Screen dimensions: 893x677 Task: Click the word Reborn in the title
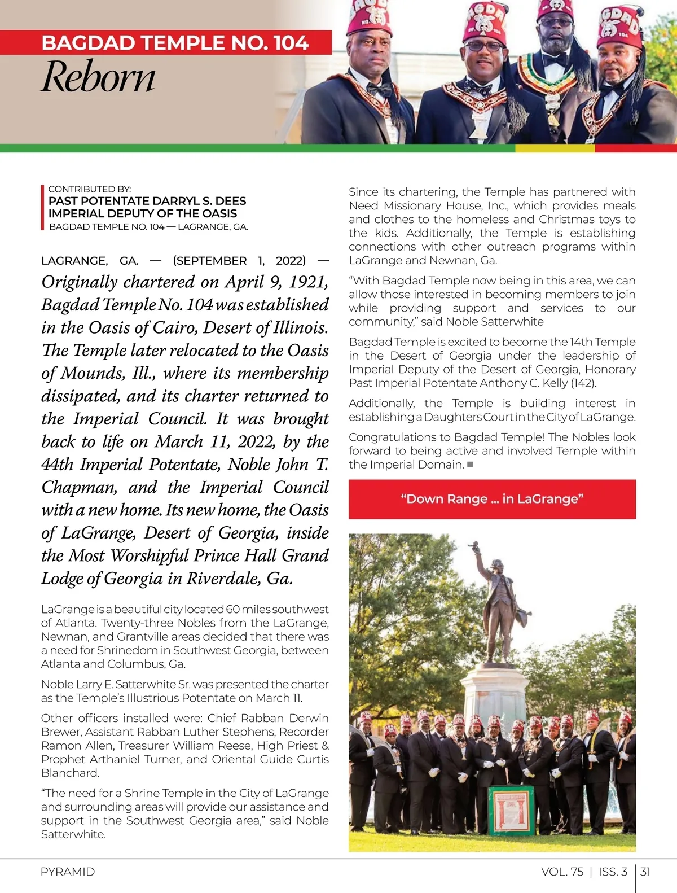click(98, 77)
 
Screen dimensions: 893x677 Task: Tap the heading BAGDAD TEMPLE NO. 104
click(175, 43)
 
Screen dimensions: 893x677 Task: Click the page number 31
click(645, 872)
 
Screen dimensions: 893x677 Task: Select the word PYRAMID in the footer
click(68, 872)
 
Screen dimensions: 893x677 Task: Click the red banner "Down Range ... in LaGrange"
click(492, 499)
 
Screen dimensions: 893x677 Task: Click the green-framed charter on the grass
click(511, 810)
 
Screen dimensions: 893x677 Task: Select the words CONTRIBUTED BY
click(90, 189)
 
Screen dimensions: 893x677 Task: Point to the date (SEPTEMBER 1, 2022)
click(239, 261)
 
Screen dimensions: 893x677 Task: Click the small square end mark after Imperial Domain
click(470, 465)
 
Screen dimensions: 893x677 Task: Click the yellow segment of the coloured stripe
click(555, 148)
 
